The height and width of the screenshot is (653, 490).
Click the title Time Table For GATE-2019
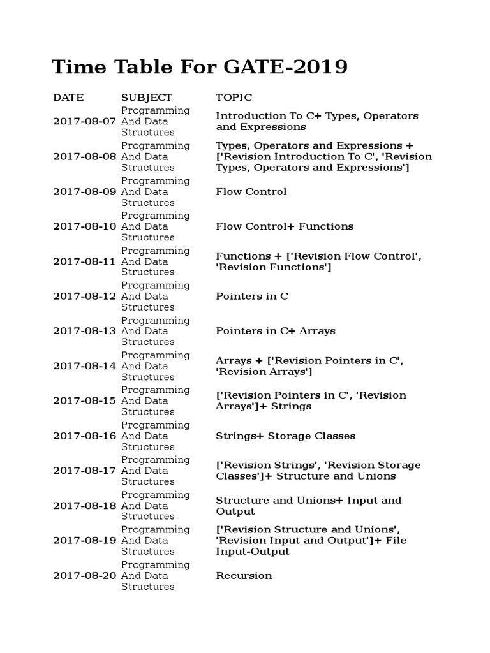200,66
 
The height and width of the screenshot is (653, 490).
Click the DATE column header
68,98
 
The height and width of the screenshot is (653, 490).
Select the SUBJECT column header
147,98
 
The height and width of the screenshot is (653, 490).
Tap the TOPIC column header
234,98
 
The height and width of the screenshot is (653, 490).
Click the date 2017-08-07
84,121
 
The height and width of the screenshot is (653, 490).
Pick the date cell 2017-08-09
84,191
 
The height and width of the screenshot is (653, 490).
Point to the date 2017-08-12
84,296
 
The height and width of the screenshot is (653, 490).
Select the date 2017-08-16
84,436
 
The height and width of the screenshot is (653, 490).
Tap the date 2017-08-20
84,575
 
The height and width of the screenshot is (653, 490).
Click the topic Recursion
244,575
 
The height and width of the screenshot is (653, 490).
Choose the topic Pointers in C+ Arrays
275,331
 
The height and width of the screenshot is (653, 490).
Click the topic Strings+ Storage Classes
285,436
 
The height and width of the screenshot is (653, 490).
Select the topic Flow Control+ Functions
284,226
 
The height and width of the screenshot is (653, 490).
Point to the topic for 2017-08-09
251,191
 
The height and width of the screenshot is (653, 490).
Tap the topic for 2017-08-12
252,296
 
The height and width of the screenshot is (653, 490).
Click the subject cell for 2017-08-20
155,575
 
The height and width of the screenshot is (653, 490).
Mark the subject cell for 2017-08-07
155,121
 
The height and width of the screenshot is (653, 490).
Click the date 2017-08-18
84,506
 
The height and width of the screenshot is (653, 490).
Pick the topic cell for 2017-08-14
309,366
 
